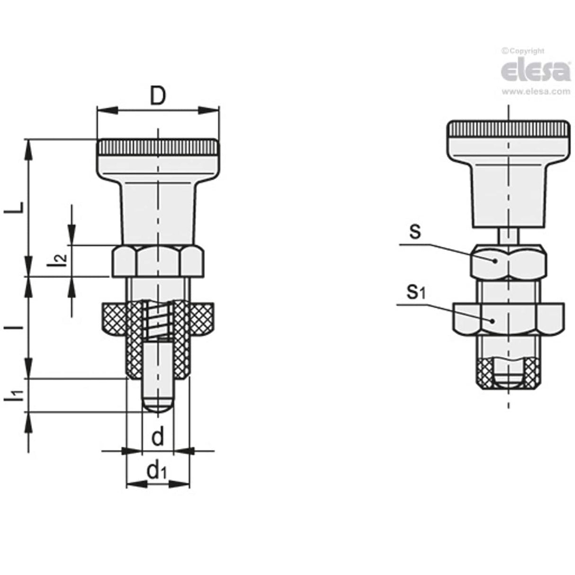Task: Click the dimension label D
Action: pyautogui.click(x=158, y=96)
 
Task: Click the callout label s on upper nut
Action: pyautogui.click(x=415, y=233)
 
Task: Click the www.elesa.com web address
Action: pyautogui.click(x=536, y=92)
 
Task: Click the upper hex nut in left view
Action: pyautogui.click(x=158, y=261)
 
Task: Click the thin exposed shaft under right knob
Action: pyautogui.click(x=508, y=235)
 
